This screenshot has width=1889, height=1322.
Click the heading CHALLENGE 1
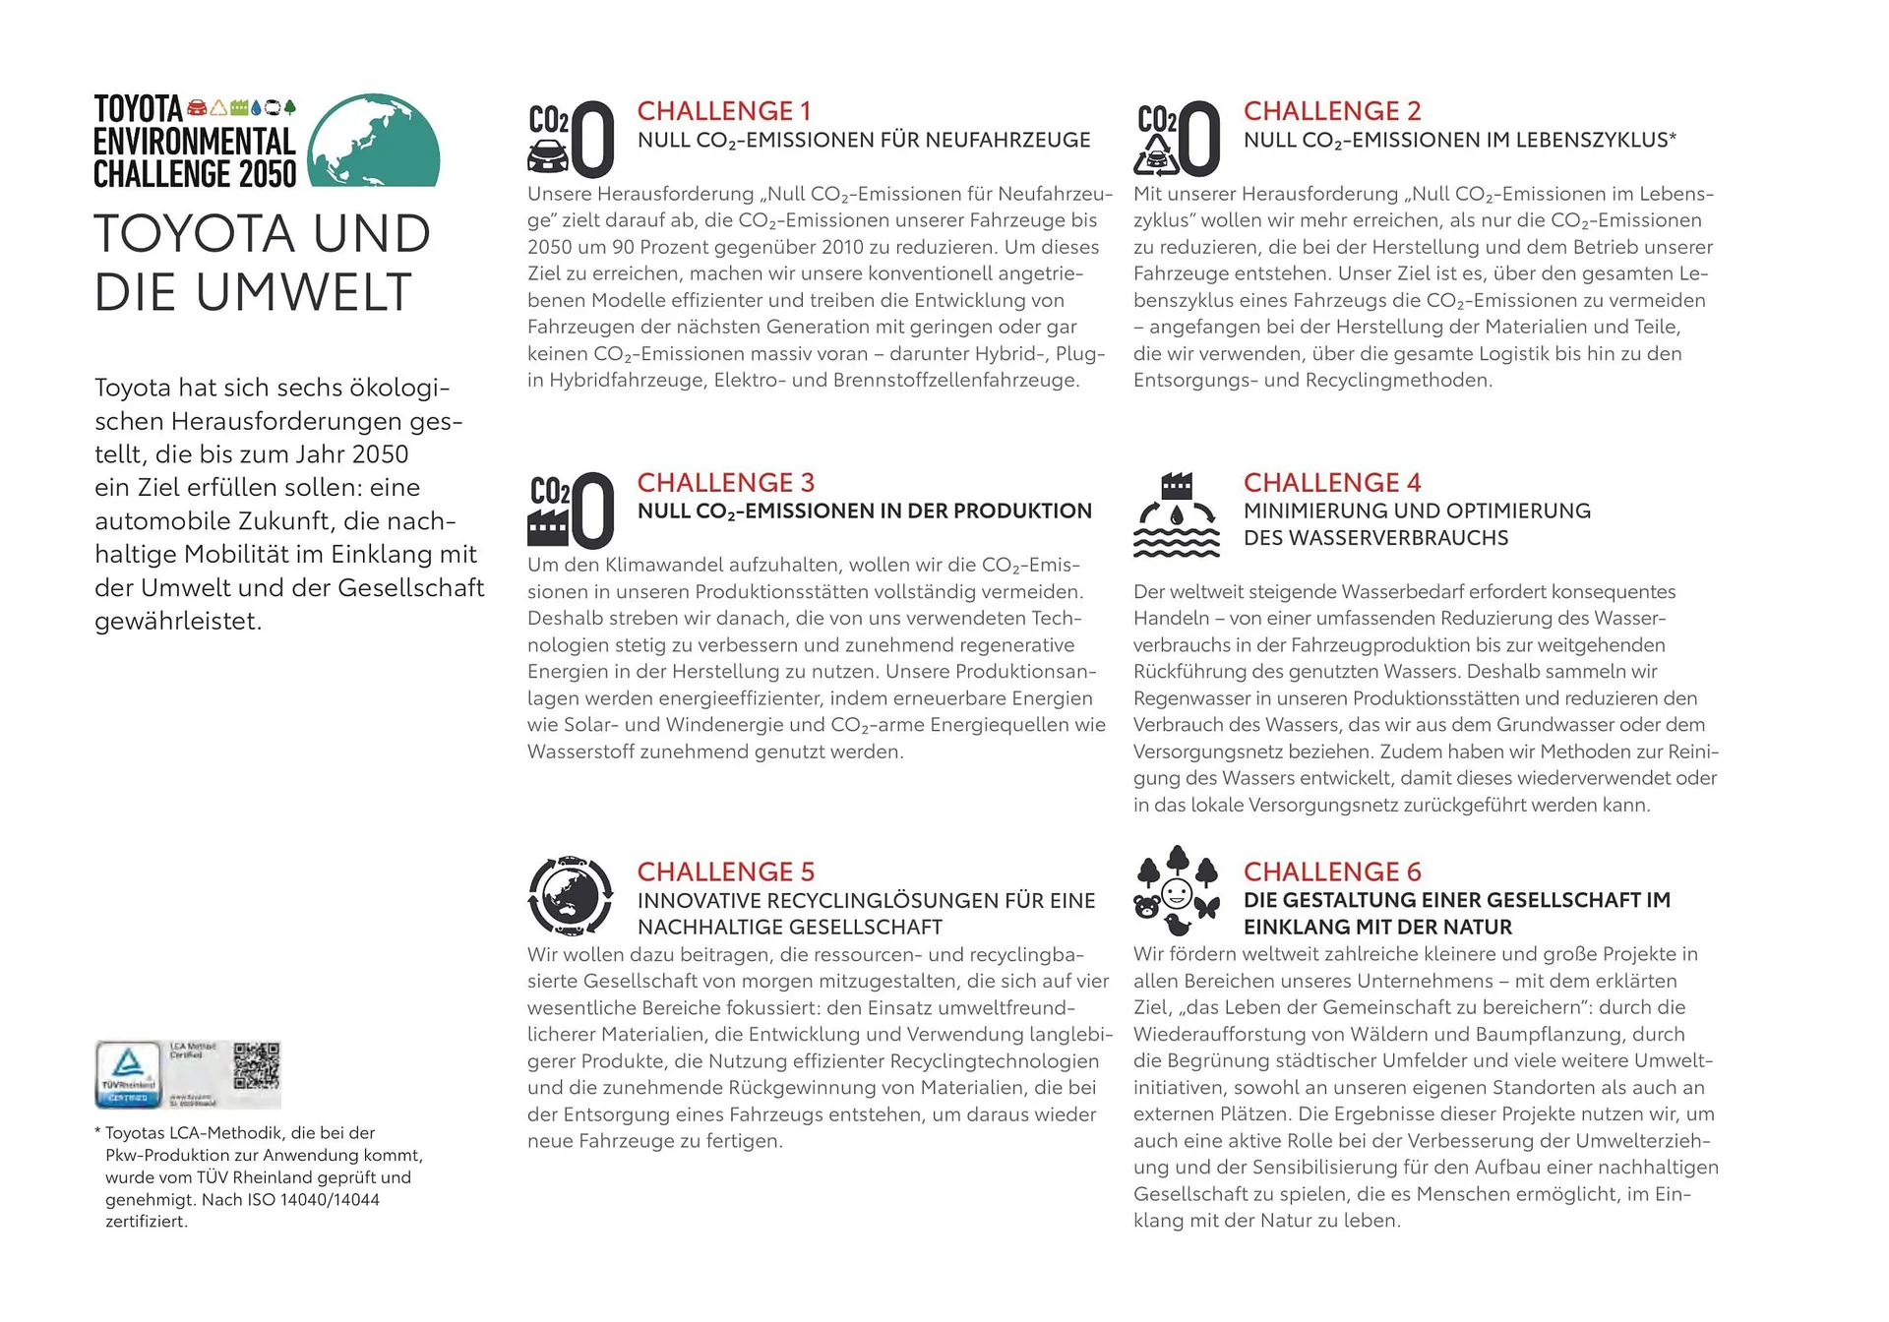click(724, 111)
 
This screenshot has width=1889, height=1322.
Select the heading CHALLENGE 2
click(1331, 111)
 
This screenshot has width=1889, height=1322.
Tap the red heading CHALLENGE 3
click(725, 483)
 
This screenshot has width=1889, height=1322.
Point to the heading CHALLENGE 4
click(1331, 483)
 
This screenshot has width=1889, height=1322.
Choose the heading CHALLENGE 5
click(725, 872)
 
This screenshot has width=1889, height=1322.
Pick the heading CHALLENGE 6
click(1331, 872)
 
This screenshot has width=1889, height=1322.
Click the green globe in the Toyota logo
click(374, 142)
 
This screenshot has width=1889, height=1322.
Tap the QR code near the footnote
click(257, 1066)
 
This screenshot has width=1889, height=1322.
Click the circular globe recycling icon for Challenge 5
click(571, 896)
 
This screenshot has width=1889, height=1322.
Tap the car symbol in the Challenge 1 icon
click(547, 155)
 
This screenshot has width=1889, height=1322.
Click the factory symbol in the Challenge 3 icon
click(548, 526)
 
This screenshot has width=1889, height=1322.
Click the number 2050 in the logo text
click(268, 174)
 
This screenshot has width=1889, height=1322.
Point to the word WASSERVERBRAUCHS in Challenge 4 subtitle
click(1375, 538)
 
